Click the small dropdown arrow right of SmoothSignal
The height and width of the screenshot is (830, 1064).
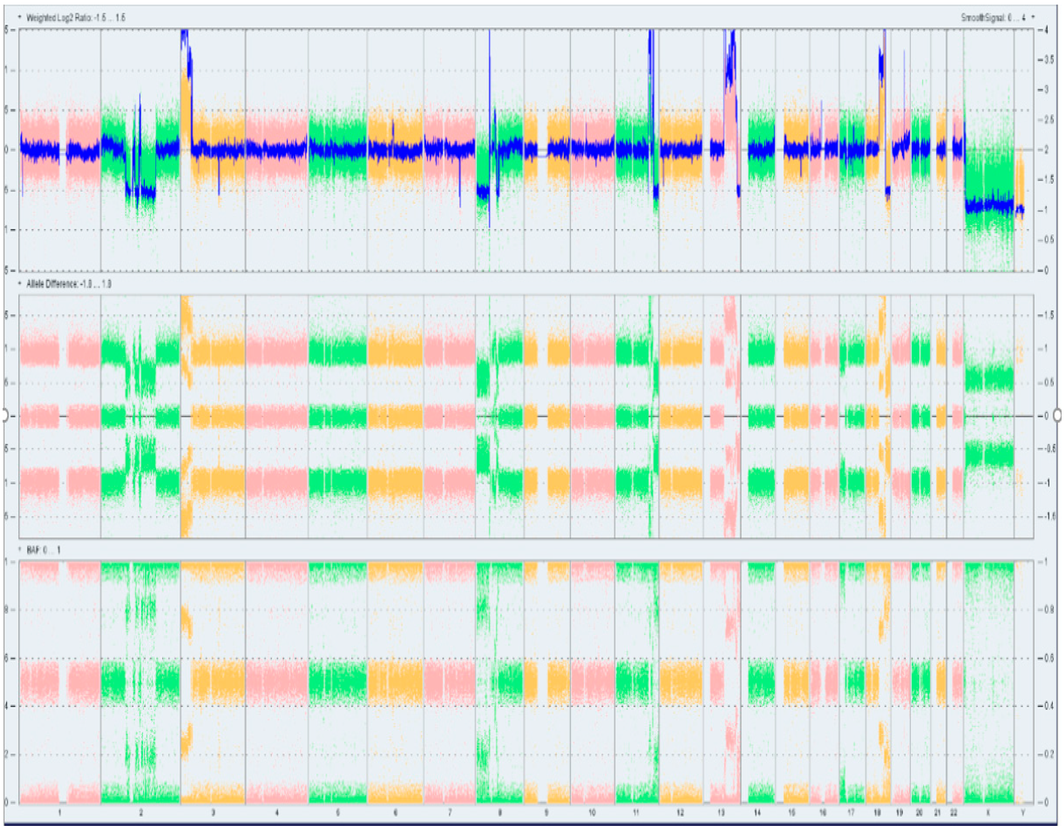coord(1033,18)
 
